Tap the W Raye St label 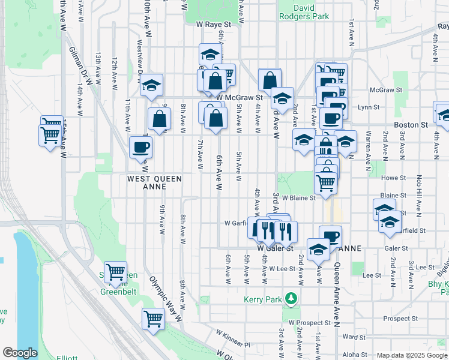[x=213, y=25]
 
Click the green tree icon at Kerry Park [x=291, y=298]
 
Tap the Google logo [x=20, y=353]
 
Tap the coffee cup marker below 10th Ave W [x=140, y=147]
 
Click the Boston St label [x=411, y=125]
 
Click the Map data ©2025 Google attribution [x=411, y=355]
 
